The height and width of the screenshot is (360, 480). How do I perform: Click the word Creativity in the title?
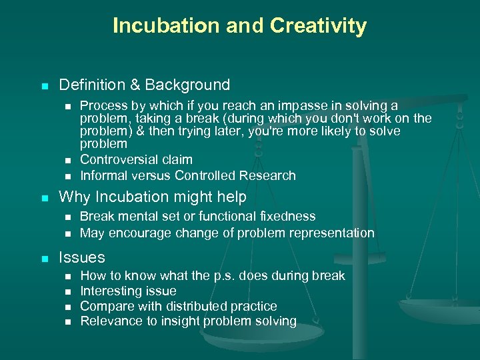[x=318, y=26]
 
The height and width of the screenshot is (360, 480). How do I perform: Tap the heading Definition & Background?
[x=145, y=85]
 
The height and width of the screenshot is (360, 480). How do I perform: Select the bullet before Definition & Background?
[x=44, y=86]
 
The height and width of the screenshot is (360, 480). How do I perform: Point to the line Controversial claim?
[x=136, y=160]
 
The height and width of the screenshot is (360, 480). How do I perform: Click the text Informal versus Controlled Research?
[x=187, y=176]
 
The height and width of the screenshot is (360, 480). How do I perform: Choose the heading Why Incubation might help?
[x=153, y=197]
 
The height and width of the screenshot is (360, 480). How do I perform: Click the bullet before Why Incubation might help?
[x=44, y=198]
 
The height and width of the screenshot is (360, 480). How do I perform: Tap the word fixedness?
[x=287, y=217]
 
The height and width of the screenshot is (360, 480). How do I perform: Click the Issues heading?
[x=82, y=257]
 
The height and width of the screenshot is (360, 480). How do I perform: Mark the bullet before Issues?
[x=44, y=258]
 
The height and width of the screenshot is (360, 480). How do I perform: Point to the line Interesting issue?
[x=128, y=291]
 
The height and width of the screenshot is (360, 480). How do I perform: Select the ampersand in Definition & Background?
[x=134, y=85]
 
